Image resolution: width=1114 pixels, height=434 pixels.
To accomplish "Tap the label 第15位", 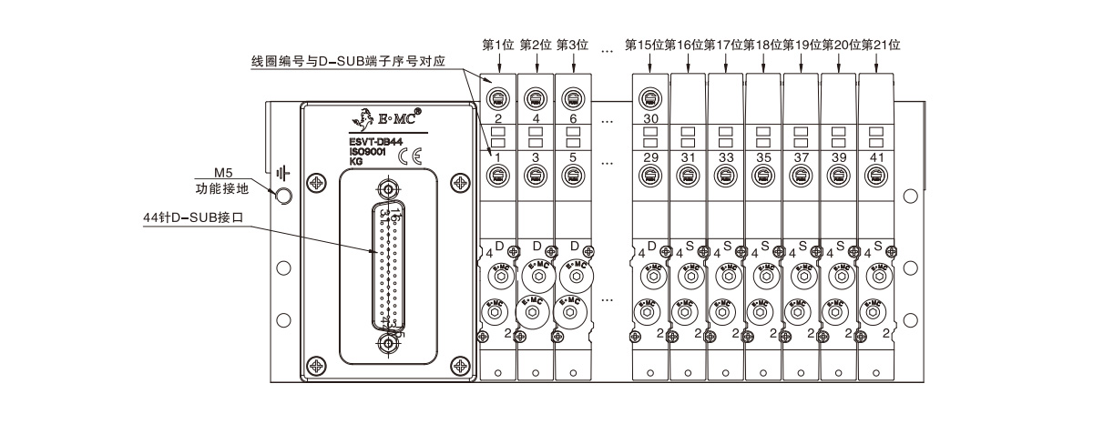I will [644, 45].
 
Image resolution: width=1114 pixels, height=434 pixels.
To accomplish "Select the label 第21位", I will [881, 45].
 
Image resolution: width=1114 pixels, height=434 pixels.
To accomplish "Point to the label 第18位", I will [762, 45].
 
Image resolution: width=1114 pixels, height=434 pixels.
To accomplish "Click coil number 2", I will [498, 119].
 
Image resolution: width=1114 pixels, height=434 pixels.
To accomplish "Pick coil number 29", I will [649, 158].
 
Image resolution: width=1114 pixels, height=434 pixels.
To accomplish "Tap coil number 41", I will [876, 158].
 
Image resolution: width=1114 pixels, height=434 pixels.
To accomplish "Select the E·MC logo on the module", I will [382, 116].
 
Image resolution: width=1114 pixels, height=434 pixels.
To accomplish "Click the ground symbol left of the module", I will [284, 171].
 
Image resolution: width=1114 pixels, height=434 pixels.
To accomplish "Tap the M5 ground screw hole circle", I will [283, 194].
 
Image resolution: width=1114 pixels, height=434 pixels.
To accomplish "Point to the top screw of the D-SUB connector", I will [388, 189].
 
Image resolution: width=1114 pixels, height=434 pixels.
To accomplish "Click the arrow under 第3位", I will [574, 62].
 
